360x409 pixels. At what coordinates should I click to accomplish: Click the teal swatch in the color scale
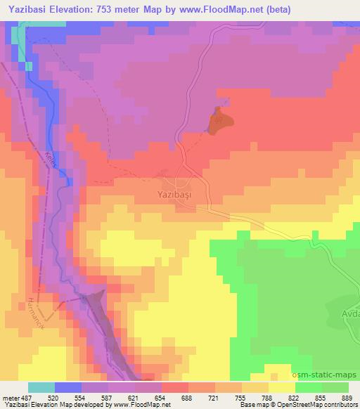click(41, 387)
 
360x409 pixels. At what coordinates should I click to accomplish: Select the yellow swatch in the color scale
click(281, 387)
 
